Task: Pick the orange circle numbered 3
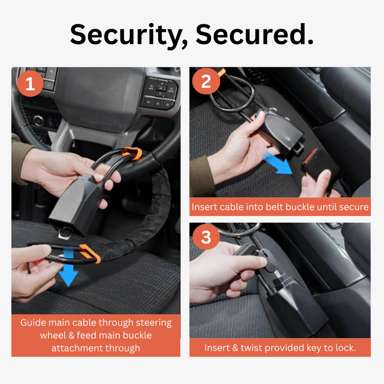(x=206, y=238)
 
